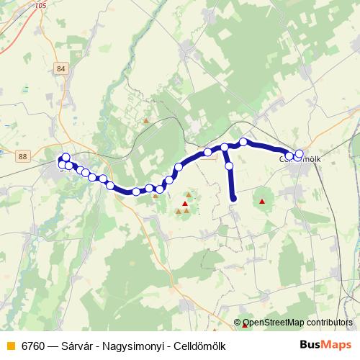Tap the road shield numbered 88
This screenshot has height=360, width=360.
[24, 156]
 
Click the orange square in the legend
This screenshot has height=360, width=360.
[10, 346]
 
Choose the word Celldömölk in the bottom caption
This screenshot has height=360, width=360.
[199, 346]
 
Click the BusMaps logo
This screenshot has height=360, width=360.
[325, 344]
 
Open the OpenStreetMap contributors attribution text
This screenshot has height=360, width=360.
[297, 323]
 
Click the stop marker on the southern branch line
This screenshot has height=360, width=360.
[230, 166]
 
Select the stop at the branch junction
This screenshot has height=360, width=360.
[225, 147]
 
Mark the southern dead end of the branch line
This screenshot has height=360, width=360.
[233, 199]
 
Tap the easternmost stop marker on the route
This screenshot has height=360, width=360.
[299, 153]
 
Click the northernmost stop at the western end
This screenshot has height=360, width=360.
[66, 157]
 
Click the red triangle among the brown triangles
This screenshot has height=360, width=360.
[185, 204]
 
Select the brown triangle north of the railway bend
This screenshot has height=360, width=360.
[147, 121]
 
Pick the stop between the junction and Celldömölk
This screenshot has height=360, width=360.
[243, 142]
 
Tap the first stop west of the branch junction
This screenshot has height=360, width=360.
[207, 151]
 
